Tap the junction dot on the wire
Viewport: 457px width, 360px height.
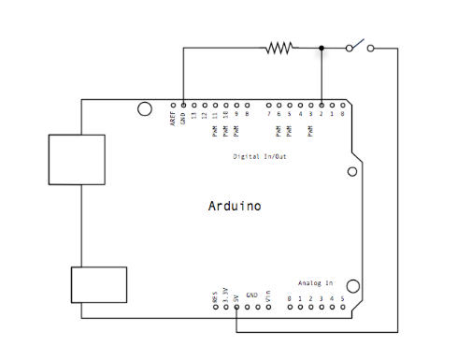[x=321, y=47]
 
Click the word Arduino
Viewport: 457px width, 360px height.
[x=234, y=205]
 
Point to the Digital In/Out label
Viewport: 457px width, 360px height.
[x=260, y=156]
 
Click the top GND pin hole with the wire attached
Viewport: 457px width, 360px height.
[x=183, y=104]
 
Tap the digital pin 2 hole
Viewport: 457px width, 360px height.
[x=321, y=104]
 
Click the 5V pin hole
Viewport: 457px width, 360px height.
[x=236, y=306]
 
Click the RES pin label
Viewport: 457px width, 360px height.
[x=215, y=296]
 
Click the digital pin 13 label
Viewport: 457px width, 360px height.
[x=193, y=114]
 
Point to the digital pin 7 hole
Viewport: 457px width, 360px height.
[x=269, y=104]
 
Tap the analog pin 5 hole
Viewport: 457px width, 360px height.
[x=343, y=306]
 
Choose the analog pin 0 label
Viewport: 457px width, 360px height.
[x=290, y=298]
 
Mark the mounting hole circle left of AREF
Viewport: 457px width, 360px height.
[x=144, y=109]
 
